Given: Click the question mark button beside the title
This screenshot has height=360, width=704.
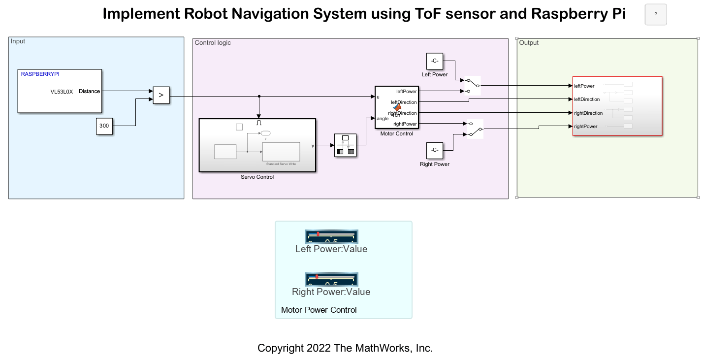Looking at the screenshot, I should point(655,15).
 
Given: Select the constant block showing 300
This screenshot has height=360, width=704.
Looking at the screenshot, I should point(104,126).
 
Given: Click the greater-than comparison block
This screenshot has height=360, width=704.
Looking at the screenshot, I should point(161,95).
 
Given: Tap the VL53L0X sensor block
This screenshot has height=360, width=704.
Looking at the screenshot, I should point(60,91).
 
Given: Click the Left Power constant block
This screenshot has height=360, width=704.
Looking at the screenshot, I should point(435,61).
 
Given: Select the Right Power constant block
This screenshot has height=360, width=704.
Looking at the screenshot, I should point(435,150).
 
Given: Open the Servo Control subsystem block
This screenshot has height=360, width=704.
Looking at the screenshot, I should point(257,145).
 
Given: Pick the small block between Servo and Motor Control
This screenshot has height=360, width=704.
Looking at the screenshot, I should point(345,145).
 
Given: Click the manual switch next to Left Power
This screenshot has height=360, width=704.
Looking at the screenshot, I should point(472,85).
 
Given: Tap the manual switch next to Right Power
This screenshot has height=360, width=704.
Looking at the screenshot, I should point(475,129).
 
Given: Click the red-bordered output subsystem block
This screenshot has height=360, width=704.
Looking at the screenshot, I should point(617,106).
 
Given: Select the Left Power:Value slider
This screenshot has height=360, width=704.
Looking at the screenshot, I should point(331,236).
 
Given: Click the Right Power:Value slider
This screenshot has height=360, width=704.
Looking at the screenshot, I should point(331,279).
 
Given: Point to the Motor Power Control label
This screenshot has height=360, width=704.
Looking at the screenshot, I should point(319,310).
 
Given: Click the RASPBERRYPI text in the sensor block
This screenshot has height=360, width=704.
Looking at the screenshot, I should point(40,74).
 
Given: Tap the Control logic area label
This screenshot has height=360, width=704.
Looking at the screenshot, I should point(213,43).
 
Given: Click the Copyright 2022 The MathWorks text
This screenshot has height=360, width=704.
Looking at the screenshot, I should point(345,348).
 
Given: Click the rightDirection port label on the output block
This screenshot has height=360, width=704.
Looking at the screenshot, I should point(588,113).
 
